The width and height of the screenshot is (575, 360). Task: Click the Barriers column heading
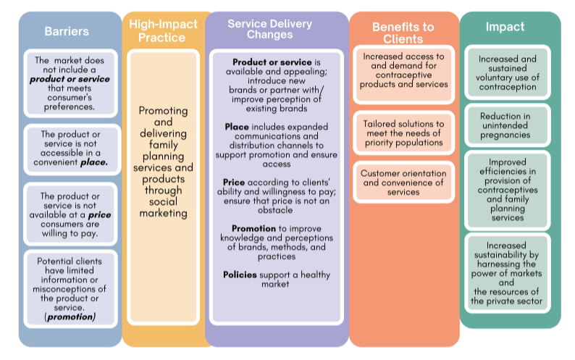pos(67,31)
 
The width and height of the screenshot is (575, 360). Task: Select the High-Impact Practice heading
pos(163,30)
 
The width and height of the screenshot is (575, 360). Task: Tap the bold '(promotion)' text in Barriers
pos(71,317)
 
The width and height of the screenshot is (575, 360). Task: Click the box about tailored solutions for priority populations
pos(403,133)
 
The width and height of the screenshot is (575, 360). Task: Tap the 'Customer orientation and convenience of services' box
pos(403,183)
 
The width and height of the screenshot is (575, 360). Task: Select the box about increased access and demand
pos(403,71)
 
